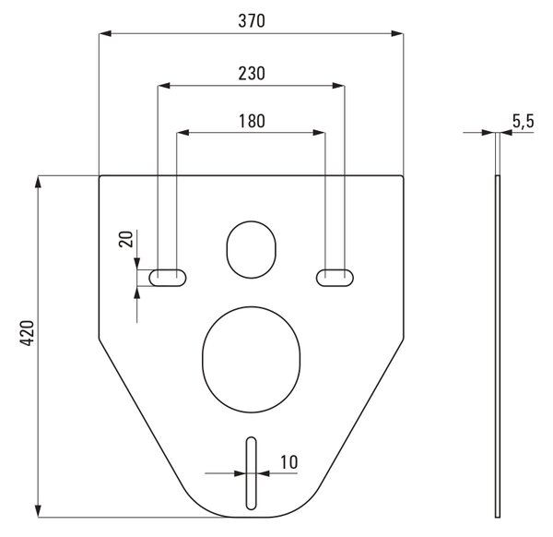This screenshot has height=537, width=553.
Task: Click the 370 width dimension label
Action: coord(252,21)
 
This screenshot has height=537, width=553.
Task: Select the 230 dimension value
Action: coord(252,74)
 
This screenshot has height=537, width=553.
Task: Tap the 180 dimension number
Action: coord(252,121)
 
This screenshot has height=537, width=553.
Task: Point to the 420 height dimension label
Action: coord(27,333)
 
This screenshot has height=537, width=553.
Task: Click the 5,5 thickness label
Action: coord(524,122)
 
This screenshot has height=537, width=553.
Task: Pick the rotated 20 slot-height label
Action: coord(126,239)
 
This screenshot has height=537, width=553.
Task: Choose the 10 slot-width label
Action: coord(289,462)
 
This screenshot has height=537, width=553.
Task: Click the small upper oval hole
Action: coord(251,250)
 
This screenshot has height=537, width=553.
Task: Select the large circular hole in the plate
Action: coord(251,360)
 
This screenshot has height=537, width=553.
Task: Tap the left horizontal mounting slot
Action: coord(168,278)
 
